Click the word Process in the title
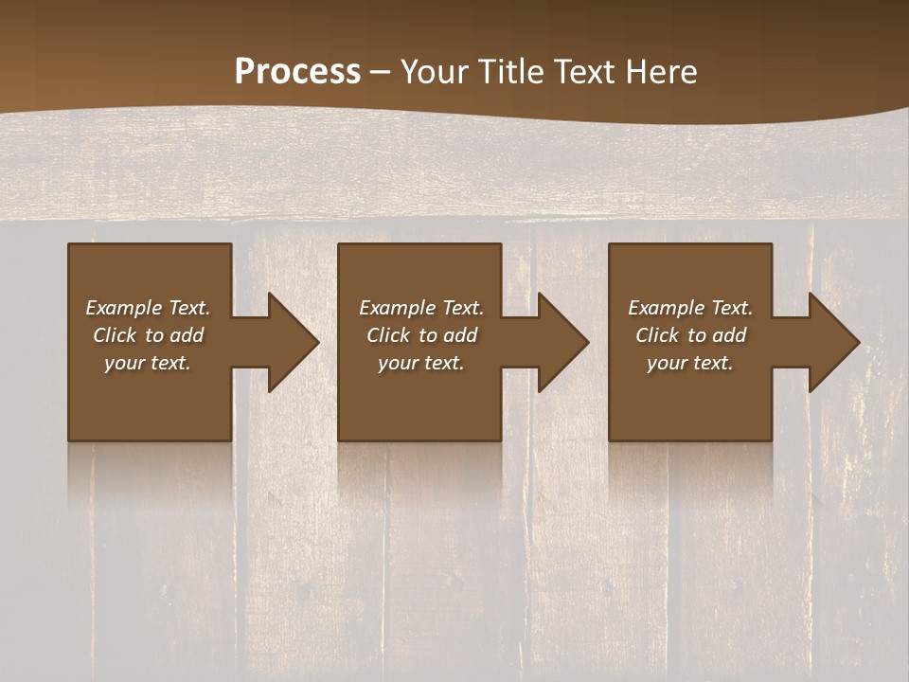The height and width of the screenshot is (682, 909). pos(297,72)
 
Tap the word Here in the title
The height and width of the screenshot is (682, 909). pos(663,72)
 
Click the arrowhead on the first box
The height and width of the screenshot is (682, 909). pos(289,342)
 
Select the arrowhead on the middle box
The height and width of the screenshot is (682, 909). pos(559,342)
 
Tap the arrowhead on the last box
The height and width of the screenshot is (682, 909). pos(829,342)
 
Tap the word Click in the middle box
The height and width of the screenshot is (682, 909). pos(388,335)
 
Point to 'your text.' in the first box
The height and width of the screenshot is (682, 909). pos(148,363)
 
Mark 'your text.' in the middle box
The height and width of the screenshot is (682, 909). pos(420,363)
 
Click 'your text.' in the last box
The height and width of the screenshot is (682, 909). pos(689,363)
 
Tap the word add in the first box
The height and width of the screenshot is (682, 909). pos(187,335)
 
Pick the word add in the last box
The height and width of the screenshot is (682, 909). pos(729,335)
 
